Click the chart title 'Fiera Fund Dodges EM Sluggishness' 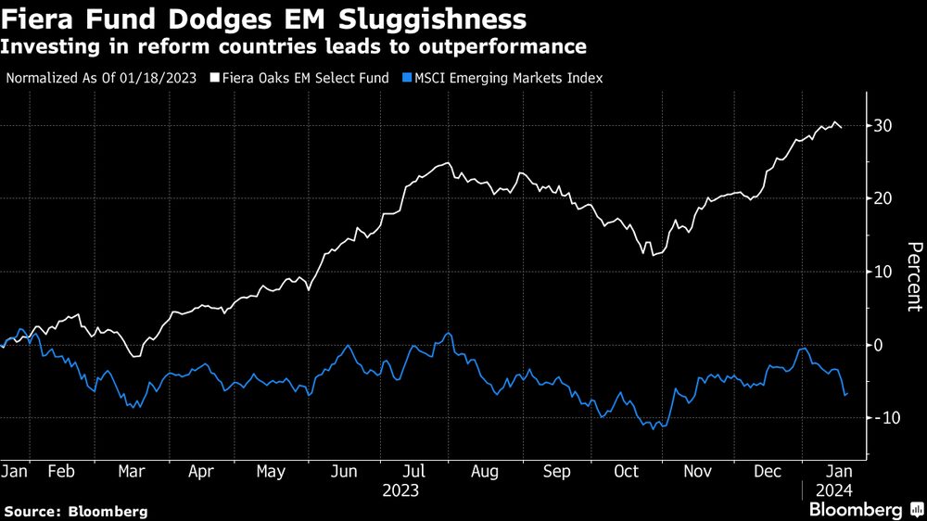coord(265,19)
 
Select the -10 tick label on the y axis coord(885,418)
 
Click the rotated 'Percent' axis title coord(913,276)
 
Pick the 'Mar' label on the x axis coord(132,472)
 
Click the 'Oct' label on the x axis coord(627,472)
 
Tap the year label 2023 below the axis coord(401,489)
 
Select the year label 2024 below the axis coord(834,489)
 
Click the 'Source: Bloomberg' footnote coord(76,511)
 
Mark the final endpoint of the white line coord(842,128)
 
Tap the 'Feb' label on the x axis coord(61,472)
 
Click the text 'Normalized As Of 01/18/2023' coord(101,78)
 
